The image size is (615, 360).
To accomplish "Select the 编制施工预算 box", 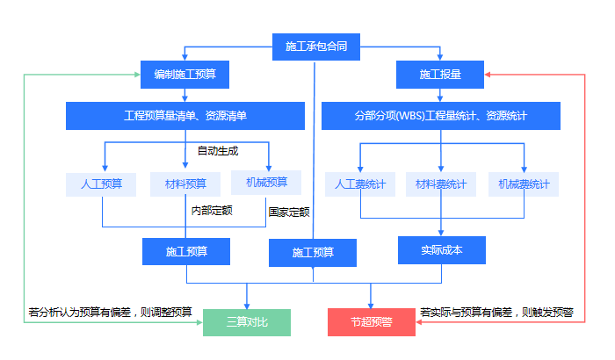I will coord(184,76).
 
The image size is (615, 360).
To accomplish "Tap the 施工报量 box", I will coord(440,76).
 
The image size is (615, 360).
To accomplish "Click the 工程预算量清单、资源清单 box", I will coord(185,116).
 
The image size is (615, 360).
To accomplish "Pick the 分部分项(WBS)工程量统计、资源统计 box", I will coord(440,116).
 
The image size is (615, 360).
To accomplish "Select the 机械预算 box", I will coord(266,183).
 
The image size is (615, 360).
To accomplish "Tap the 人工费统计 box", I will coord(360,184).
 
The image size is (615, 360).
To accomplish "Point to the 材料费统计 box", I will coord(440,184).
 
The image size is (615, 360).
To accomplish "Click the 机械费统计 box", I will coord(524,184).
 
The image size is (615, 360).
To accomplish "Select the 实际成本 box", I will coord(441,250).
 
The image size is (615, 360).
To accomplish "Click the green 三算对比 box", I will coord(246,322).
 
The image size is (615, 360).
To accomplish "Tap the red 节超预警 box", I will coord(371,322).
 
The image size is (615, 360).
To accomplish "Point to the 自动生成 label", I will coord(218,150).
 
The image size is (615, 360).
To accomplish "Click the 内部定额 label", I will coord(212,210).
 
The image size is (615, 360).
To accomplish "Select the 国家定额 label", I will coord(289,212).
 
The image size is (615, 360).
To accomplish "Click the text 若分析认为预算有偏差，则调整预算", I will coord(111,312).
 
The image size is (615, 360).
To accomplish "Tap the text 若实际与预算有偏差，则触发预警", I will coord(496,312).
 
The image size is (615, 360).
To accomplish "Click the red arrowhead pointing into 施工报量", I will coord(489,76).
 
